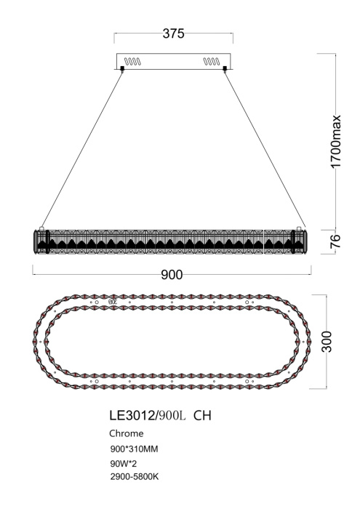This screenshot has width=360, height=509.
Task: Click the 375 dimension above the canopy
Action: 173,34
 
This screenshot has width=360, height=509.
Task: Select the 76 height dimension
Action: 336,241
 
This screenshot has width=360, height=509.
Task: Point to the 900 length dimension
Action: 172,274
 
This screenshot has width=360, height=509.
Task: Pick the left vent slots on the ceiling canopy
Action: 133,62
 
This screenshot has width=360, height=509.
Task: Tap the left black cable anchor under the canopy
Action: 122,70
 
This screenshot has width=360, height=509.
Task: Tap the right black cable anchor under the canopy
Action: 224,70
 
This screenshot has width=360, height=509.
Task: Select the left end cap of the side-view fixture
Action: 38,241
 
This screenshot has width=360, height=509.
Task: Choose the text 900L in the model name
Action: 172,415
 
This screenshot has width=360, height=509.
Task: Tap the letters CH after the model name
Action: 202,415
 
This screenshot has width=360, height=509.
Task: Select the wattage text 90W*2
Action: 123,462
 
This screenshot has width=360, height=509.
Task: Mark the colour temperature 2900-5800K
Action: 132,476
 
